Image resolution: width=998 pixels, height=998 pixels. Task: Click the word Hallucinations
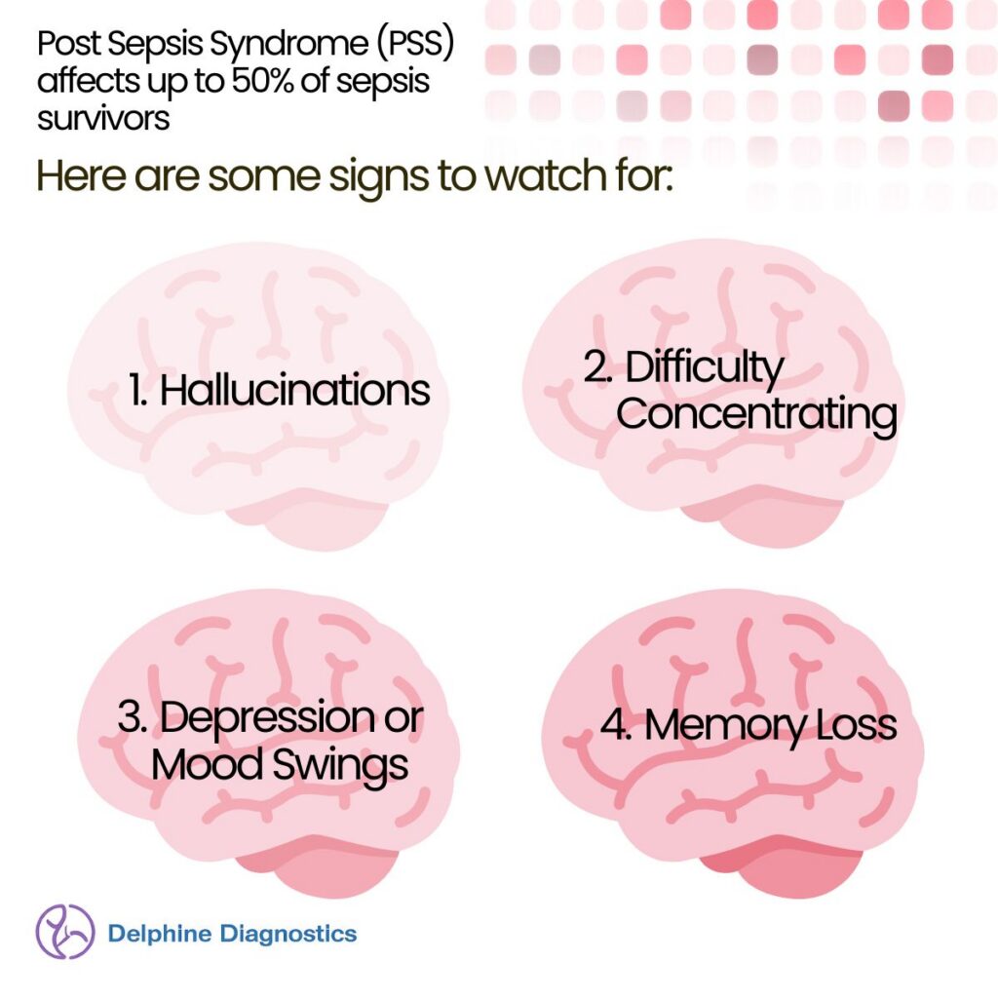pos(294,390)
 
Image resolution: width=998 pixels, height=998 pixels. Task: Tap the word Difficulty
pos(704,368)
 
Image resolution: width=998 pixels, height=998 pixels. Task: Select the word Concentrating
pos(756,415)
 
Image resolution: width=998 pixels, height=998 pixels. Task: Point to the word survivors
pos(103,118)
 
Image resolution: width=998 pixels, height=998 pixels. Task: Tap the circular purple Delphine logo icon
pos(65,932)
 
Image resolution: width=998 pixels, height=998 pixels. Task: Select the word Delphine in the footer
pos(160,934)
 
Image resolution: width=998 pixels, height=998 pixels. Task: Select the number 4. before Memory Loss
pos(617,724)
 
